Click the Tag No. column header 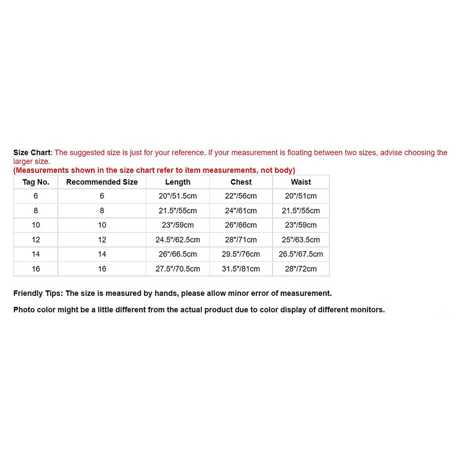click(x=36, y=182)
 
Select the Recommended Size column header click(x=102, y=182)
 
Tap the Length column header click(x=178, y=182)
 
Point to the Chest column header click(x=241, y=182)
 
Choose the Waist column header click(x=301, y=182)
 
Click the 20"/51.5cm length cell click(x=178, y=196)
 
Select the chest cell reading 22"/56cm click(x=241, y=196)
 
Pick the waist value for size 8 click(x=301, y=211)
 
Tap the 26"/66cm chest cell click(x=241, y=225)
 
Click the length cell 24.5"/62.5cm click(x=178, y=240)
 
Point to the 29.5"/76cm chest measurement click(x=241, y=254)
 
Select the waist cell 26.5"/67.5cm click(x=301, y=254)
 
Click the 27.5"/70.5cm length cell click(x=178, y=269)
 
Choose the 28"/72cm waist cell click(x=301, y=269)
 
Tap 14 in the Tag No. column click(x=36, y=254)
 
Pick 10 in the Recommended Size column click(x=102, y=225)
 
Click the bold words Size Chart click(x=32, y=153)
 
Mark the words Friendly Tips click(x=37, y=293)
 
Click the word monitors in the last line click(x=367, y=310)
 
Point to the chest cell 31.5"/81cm click(x=241, y=269)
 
